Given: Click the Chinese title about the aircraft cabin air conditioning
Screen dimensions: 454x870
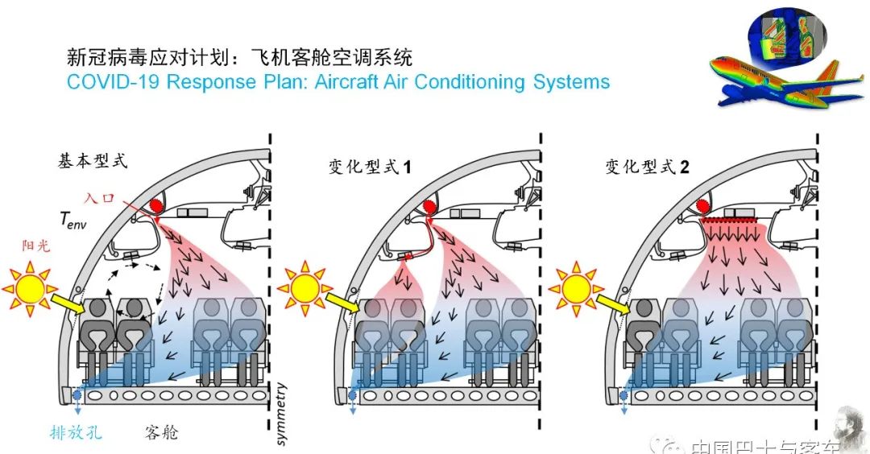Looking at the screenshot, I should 239,58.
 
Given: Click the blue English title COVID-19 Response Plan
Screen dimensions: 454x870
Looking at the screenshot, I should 338,82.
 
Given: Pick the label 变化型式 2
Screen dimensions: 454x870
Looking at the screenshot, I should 647,167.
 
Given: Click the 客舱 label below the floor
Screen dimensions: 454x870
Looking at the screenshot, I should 162,432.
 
